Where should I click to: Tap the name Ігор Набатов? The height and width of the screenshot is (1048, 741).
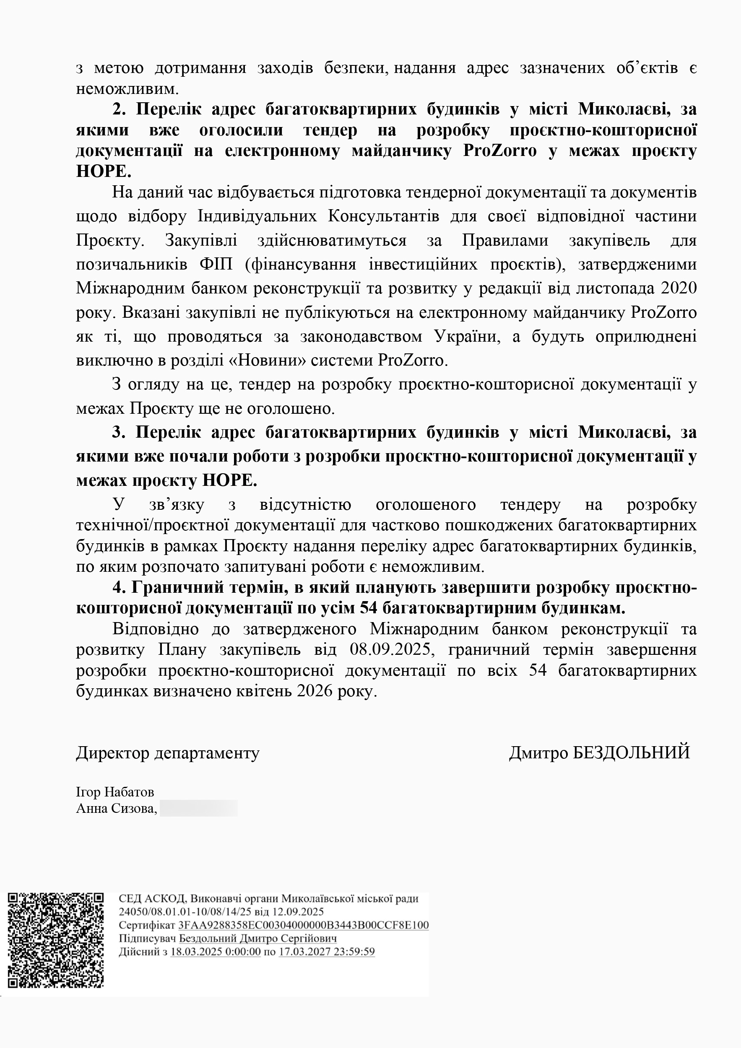(114, 792)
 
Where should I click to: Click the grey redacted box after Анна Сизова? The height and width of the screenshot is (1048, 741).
(198, 808)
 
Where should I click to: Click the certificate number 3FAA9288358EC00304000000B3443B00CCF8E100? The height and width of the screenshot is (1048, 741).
(304, 925)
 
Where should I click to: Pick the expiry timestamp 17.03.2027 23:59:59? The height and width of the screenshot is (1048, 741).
(326, 952)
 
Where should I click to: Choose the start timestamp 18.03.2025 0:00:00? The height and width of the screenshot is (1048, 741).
(215, 952)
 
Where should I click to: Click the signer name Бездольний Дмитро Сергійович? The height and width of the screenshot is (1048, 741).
(257, 939)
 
